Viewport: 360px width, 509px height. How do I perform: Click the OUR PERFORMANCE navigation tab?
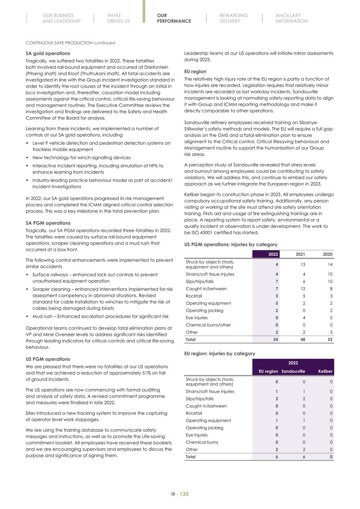click(x=174, y=18)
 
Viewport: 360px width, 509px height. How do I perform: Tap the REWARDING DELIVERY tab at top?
click(x=234, y=18)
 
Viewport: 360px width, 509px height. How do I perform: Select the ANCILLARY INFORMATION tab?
click(x=291, y=18)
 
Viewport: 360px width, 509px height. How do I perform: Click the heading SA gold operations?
click(x=48, y=53)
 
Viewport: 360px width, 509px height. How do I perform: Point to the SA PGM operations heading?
click(x=48, y=223)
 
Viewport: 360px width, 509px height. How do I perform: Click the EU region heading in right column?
click(x=195, y=72)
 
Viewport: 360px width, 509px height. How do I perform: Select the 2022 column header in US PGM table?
click(x=273, y=254)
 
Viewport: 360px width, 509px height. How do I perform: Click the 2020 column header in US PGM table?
click(x=327, y=254)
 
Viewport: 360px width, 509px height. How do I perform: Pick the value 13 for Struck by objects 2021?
click(x=303, y=264)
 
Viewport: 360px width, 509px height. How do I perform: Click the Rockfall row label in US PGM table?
click(x=194, y=296)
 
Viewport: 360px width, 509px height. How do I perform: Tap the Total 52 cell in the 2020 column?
click(x=330, y=340)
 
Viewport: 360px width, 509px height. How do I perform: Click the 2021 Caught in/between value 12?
click(x=303, y=289)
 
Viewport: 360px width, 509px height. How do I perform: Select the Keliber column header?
click(x=325, y=371)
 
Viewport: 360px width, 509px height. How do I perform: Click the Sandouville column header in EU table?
click(x=293, y=371)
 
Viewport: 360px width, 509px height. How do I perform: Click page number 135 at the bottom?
click(x=184, y=494)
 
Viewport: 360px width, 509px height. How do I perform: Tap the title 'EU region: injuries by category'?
click(x=220, y=354)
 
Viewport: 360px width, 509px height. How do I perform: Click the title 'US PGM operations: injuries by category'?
click(x=231, y=245)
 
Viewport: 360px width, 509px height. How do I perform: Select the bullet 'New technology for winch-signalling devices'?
click(x=81, y=158)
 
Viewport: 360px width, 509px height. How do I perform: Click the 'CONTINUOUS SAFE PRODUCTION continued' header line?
click(x=70, y=43)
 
